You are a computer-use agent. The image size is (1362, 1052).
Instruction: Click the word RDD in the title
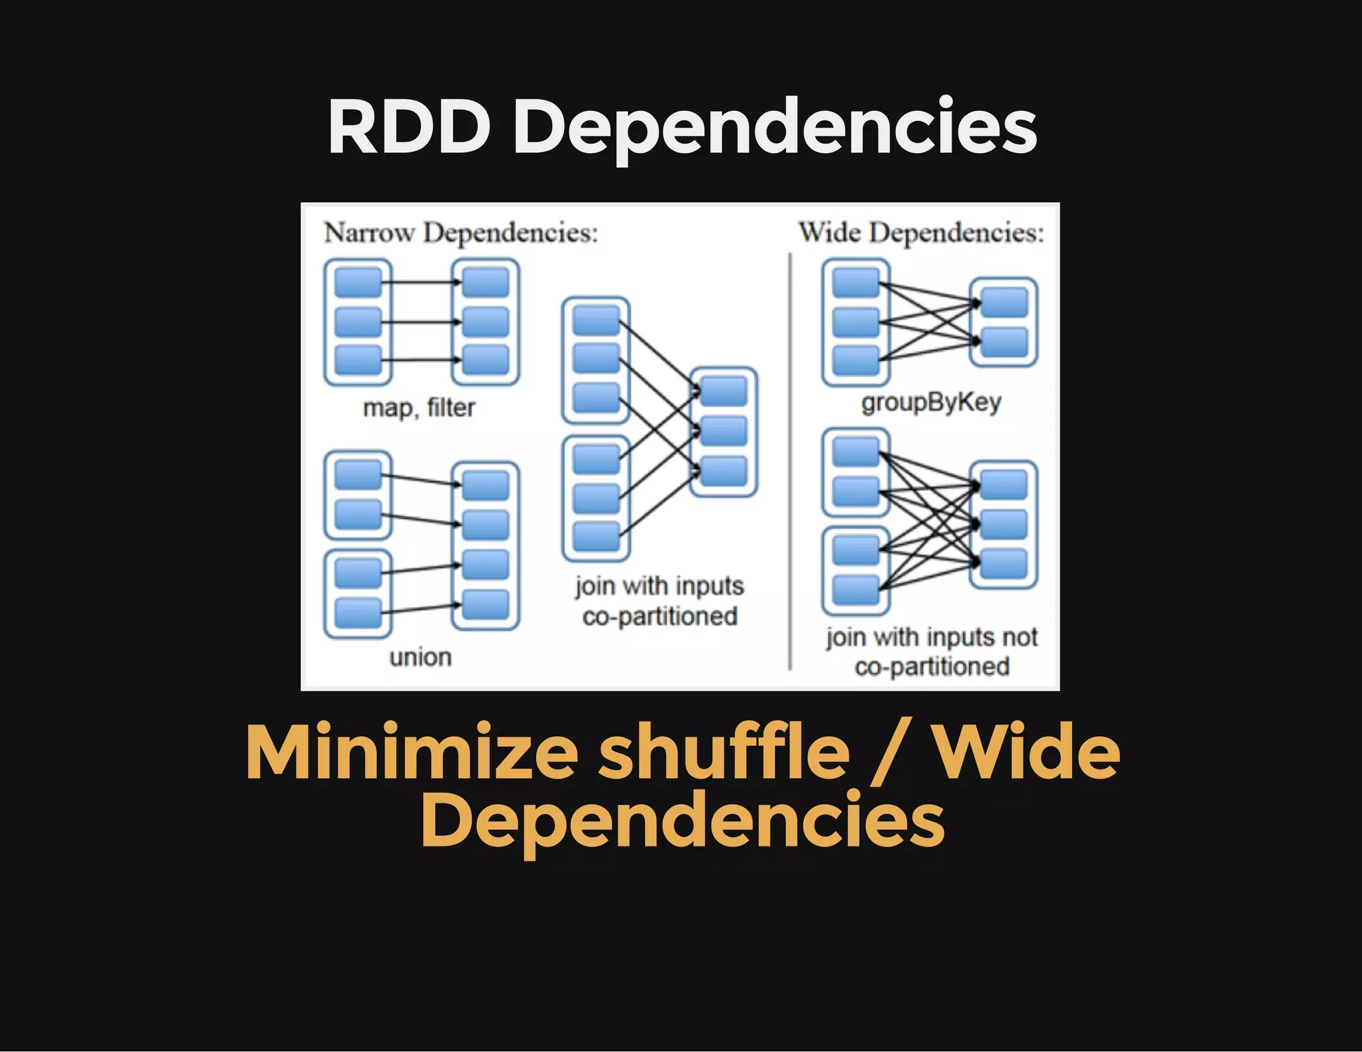(408, 126)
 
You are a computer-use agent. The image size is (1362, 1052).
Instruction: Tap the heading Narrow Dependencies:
(461, 233)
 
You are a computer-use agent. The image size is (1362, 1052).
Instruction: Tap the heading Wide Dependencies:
(921, 233)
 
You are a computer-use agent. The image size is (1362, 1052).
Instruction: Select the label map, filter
(419, 407)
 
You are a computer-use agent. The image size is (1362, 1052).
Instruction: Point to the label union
(420, 657)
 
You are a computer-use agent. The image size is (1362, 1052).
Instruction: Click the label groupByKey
(931, 402)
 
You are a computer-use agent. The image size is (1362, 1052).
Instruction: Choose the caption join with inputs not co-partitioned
(931, 652)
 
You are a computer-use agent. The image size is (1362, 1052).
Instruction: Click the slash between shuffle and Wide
(891, 755)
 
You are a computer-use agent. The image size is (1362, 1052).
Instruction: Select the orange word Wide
(1027, 753)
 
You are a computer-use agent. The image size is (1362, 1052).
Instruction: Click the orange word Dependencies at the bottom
(682, 822)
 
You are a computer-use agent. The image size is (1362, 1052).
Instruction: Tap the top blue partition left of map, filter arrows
(358, 282)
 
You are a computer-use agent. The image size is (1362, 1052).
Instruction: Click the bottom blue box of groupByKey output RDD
(1004, 342)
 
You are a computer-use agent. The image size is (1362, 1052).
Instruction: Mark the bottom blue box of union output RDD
(485, 604)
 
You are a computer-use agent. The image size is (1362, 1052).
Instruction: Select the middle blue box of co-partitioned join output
(724, 431)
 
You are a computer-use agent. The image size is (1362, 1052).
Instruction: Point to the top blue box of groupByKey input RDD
(856, 282)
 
